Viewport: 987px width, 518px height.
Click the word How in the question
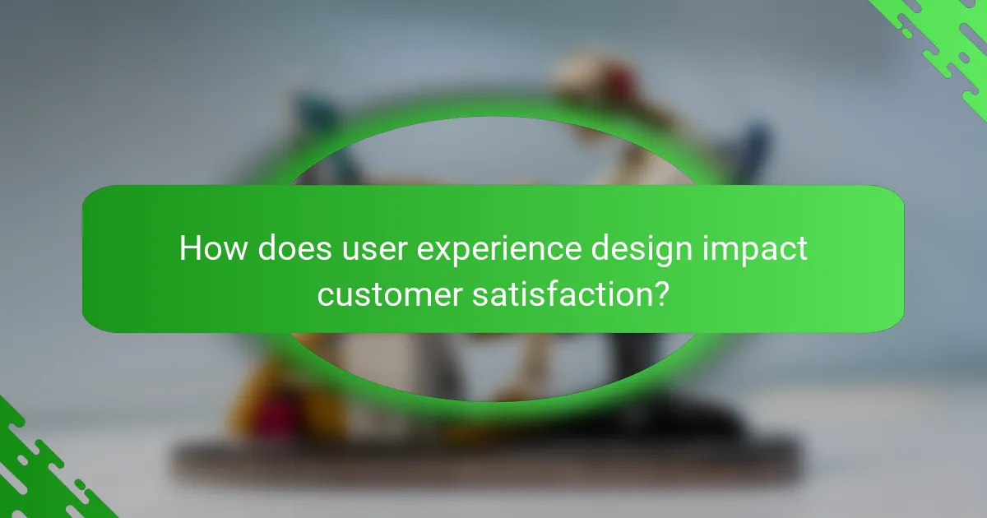tap(210, 247)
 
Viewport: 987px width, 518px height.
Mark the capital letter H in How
tap(190, 247)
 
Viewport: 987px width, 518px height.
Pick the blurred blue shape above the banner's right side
tap(753, 144)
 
